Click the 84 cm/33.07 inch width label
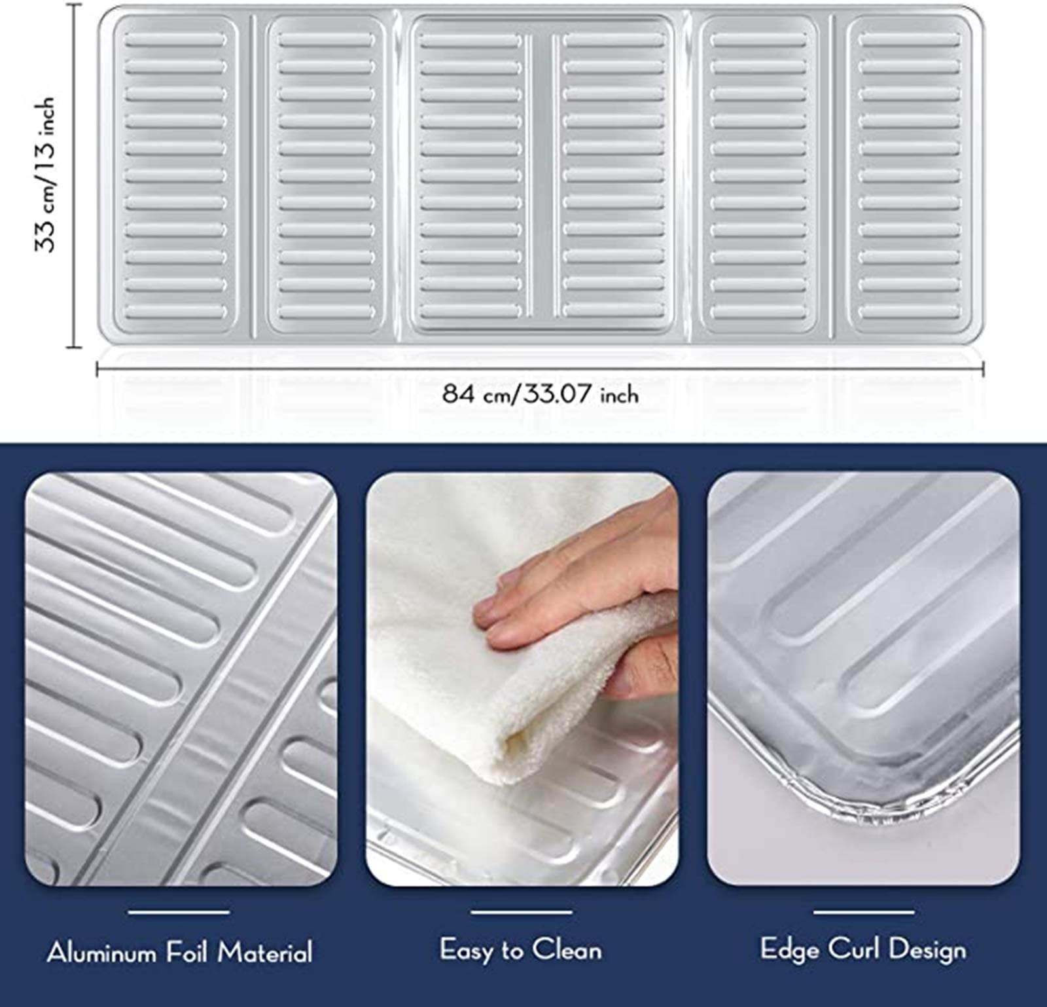pos(541,394)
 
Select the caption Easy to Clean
pos(521,949)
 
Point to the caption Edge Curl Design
pos(863,949)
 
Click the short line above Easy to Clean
pos(522,911)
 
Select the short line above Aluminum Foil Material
pos(179,911)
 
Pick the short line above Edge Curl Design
pos(864,911)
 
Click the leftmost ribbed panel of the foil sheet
pos(175,175)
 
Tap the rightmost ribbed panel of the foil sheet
pos(910,175)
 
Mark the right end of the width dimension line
pos(984,370)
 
